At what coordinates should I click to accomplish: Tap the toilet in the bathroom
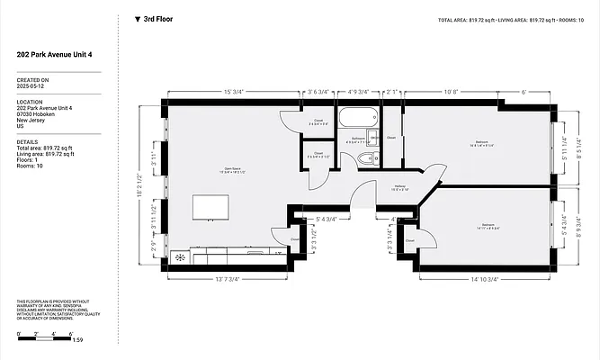coord(365,160)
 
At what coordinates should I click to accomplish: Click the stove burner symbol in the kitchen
coord(180,257)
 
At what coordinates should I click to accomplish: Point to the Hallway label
coord(400,187)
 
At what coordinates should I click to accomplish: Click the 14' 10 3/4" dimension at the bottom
coord(485,279)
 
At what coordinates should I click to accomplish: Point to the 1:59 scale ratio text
coord(77,339)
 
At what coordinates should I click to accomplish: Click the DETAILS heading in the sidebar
coord(27,141)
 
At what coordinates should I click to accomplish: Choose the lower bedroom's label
coord(487,225)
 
